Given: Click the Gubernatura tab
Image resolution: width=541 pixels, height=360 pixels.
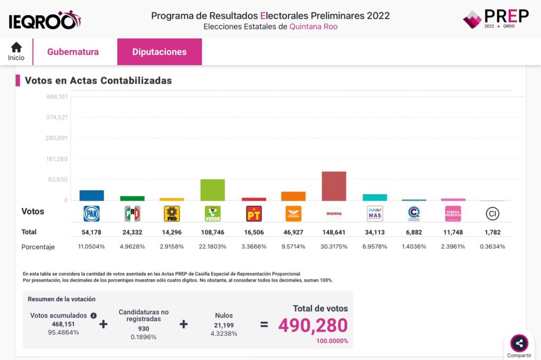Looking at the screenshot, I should pos(73,52).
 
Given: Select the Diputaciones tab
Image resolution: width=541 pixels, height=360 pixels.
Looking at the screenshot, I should pos(159,52).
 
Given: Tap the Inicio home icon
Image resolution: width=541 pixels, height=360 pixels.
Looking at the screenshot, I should pos(16,48).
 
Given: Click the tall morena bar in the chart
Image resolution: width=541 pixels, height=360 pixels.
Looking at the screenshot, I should pos(334,186).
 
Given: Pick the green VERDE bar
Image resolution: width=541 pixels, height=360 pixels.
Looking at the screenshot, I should pos(212,190).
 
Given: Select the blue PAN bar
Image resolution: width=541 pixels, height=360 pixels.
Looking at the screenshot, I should pos(91,195).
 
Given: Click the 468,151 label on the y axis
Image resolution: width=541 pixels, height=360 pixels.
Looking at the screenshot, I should pos(57,97).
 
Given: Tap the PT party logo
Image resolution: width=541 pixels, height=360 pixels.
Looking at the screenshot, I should pos(254,213).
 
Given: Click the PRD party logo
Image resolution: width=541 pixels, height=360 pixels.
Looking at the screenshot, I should pos(172,213).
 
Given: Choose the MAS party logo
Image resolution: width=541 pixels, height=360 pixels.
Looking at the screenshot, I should pos(375,213).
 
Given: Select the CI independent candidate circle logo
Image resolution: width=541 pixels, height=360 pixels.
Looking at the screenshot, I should pos(492,213).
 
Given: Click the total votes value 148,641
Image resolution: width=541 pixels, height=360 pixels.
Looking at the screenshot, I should pos(334,232).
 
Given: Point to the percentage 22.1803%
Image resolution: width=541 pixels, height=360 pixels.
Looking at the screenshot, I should pos(212,247).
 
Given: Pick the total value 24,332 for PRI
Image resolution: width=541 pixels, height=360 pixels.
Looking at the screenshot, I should pos(132,232).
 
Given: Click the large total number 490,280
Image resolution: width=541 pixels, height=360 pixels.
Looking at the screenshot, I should pos(313,326).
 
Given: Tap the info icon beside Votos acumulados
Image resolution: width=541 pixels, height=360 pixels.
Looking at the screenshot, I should pos(94,316).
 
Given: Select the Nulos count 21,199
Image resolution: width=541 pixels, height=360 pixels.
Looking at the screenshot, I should pos(224,325).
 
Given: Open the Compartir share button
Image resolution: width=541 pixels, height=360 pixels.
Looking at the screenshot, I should pos(519,344).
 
